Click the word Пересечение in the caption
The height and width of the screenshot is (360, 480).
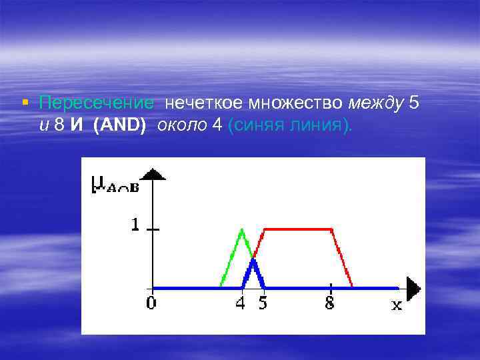[97, 103]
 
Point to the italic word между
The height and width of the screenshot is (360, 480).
[375, 103]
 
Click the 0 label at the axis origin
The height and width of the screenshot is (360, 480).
[152, 303]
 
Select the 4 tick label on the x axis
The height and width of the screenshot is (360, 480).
[241, 303]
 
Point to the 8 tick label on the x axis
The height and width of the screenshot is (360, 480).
[330, 303]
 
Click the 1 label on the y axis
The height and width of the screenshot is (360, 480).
[135, 226]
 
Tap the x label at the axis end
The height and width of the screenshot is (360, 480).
[397, 305]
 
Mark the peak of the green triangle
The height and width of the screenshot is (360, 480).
[242, 231]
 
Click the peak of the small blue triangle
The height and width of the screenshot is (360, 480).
[253, 261]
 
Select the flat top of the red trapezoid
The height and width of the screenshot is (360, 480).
[298, 229]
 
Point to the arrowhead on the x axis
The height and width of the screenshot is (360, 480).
[413, 288]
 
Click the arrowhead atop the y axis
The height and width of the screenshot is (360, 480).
[154, 174]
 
